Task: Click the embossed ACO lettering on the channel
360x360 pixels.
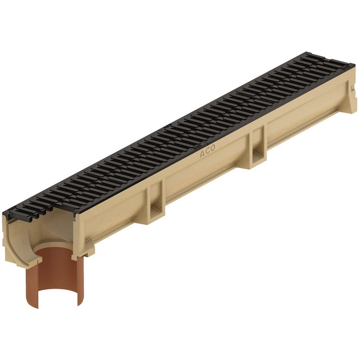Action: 207,151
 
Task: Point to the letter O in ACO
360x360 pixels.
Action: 212,148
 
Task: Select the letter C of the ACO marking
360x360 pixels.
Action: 207,151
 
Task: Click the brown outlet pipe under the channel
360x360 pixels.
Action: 55,275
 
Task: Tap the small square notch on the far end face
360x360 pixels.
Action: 352,88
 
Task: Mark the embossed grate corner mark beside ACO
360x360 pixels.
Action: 197,146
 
